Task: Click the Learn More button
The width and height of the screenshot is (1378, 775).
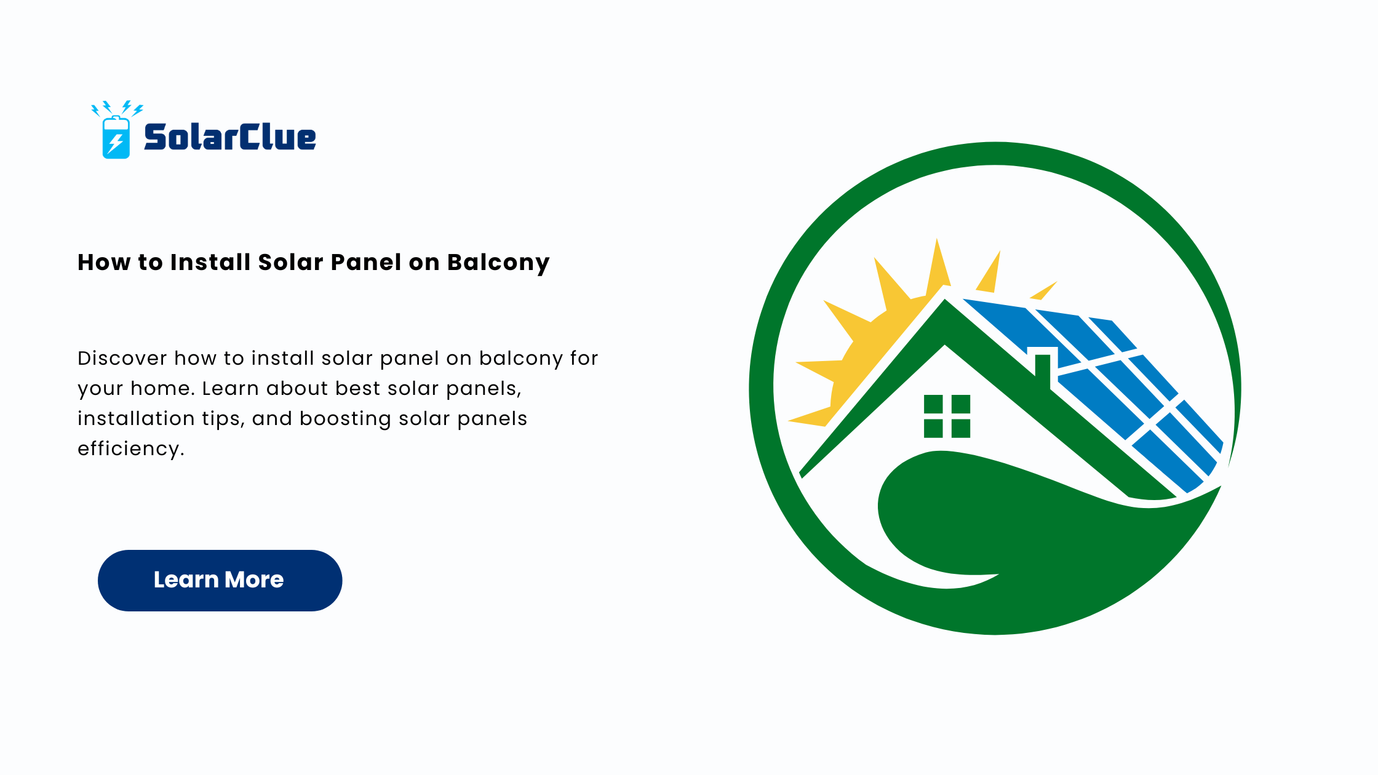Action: (220, 580)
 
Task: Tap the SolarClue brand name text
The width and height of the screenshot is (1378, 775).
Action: (230, 137)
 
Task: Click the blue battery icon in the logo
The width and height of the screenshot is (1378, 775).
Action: (116, 137)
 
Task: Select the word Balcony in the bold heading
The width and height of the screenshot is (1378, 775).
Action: (498, 263)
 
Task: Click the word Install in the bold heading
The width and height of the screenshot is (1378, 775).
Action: (210, 262)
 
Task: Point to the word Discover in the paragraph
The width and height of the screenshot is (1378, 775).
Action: (122, 358)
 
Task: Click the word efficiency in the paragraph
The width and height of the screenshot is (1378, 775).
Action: (129, 449)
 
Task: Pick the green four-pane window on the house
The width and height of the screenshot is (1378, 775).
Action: (947, 416)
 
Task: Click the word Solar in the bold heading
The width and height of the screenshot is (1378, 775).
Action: (290, 262)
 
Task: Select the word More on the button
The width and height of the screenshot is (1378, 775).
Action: (254, 579)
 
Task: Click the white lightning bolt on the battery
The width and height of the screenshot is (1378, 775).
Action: (115, 144)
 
